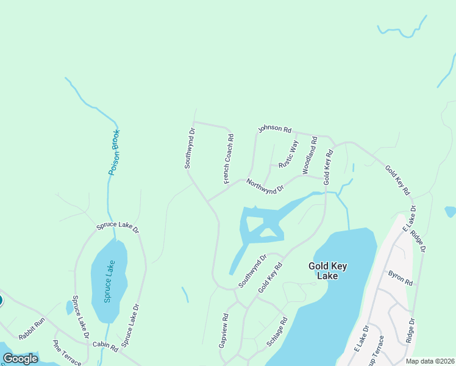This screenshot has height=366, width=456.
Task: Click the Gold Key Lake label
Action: click(332, 270)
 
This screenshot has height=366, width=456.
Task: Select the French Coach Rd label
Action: click(229, 159)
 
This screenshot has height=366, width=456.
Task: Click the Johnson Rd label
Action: click(274, 129)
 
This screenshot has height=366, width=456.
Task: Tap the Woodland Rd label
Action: click(310, 156)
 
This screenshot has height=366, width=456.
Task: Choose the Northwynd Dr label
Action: click(265, 185)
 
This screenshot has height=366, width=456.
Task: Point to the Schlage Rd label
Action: click(277, 332)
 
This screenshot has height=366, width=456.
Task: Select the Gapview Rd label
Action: click(224, 331)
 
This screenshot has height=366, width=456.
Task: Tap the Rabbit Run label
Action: click(32, 328)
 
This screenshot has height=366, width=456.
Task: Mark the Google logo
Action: click(20, 359)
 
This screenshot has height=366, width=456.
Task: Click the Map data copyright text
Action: click(429, 361)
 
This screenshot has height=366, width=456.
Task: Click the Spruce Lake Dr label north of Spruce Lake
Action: click(118, 228)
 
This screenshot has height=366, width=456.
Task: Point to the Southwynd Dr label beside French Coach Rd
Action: click(190, 148)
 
